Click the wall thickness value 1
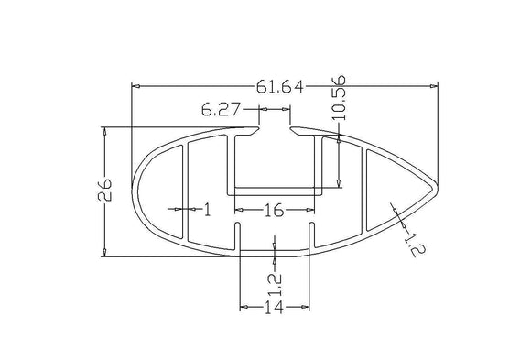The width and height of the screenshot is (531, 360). [207, 211]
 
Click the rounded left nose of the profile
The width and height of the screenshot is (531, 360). [136, 194]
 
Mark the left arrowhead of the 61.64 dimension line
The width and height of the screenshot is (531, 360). [137, 87]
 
